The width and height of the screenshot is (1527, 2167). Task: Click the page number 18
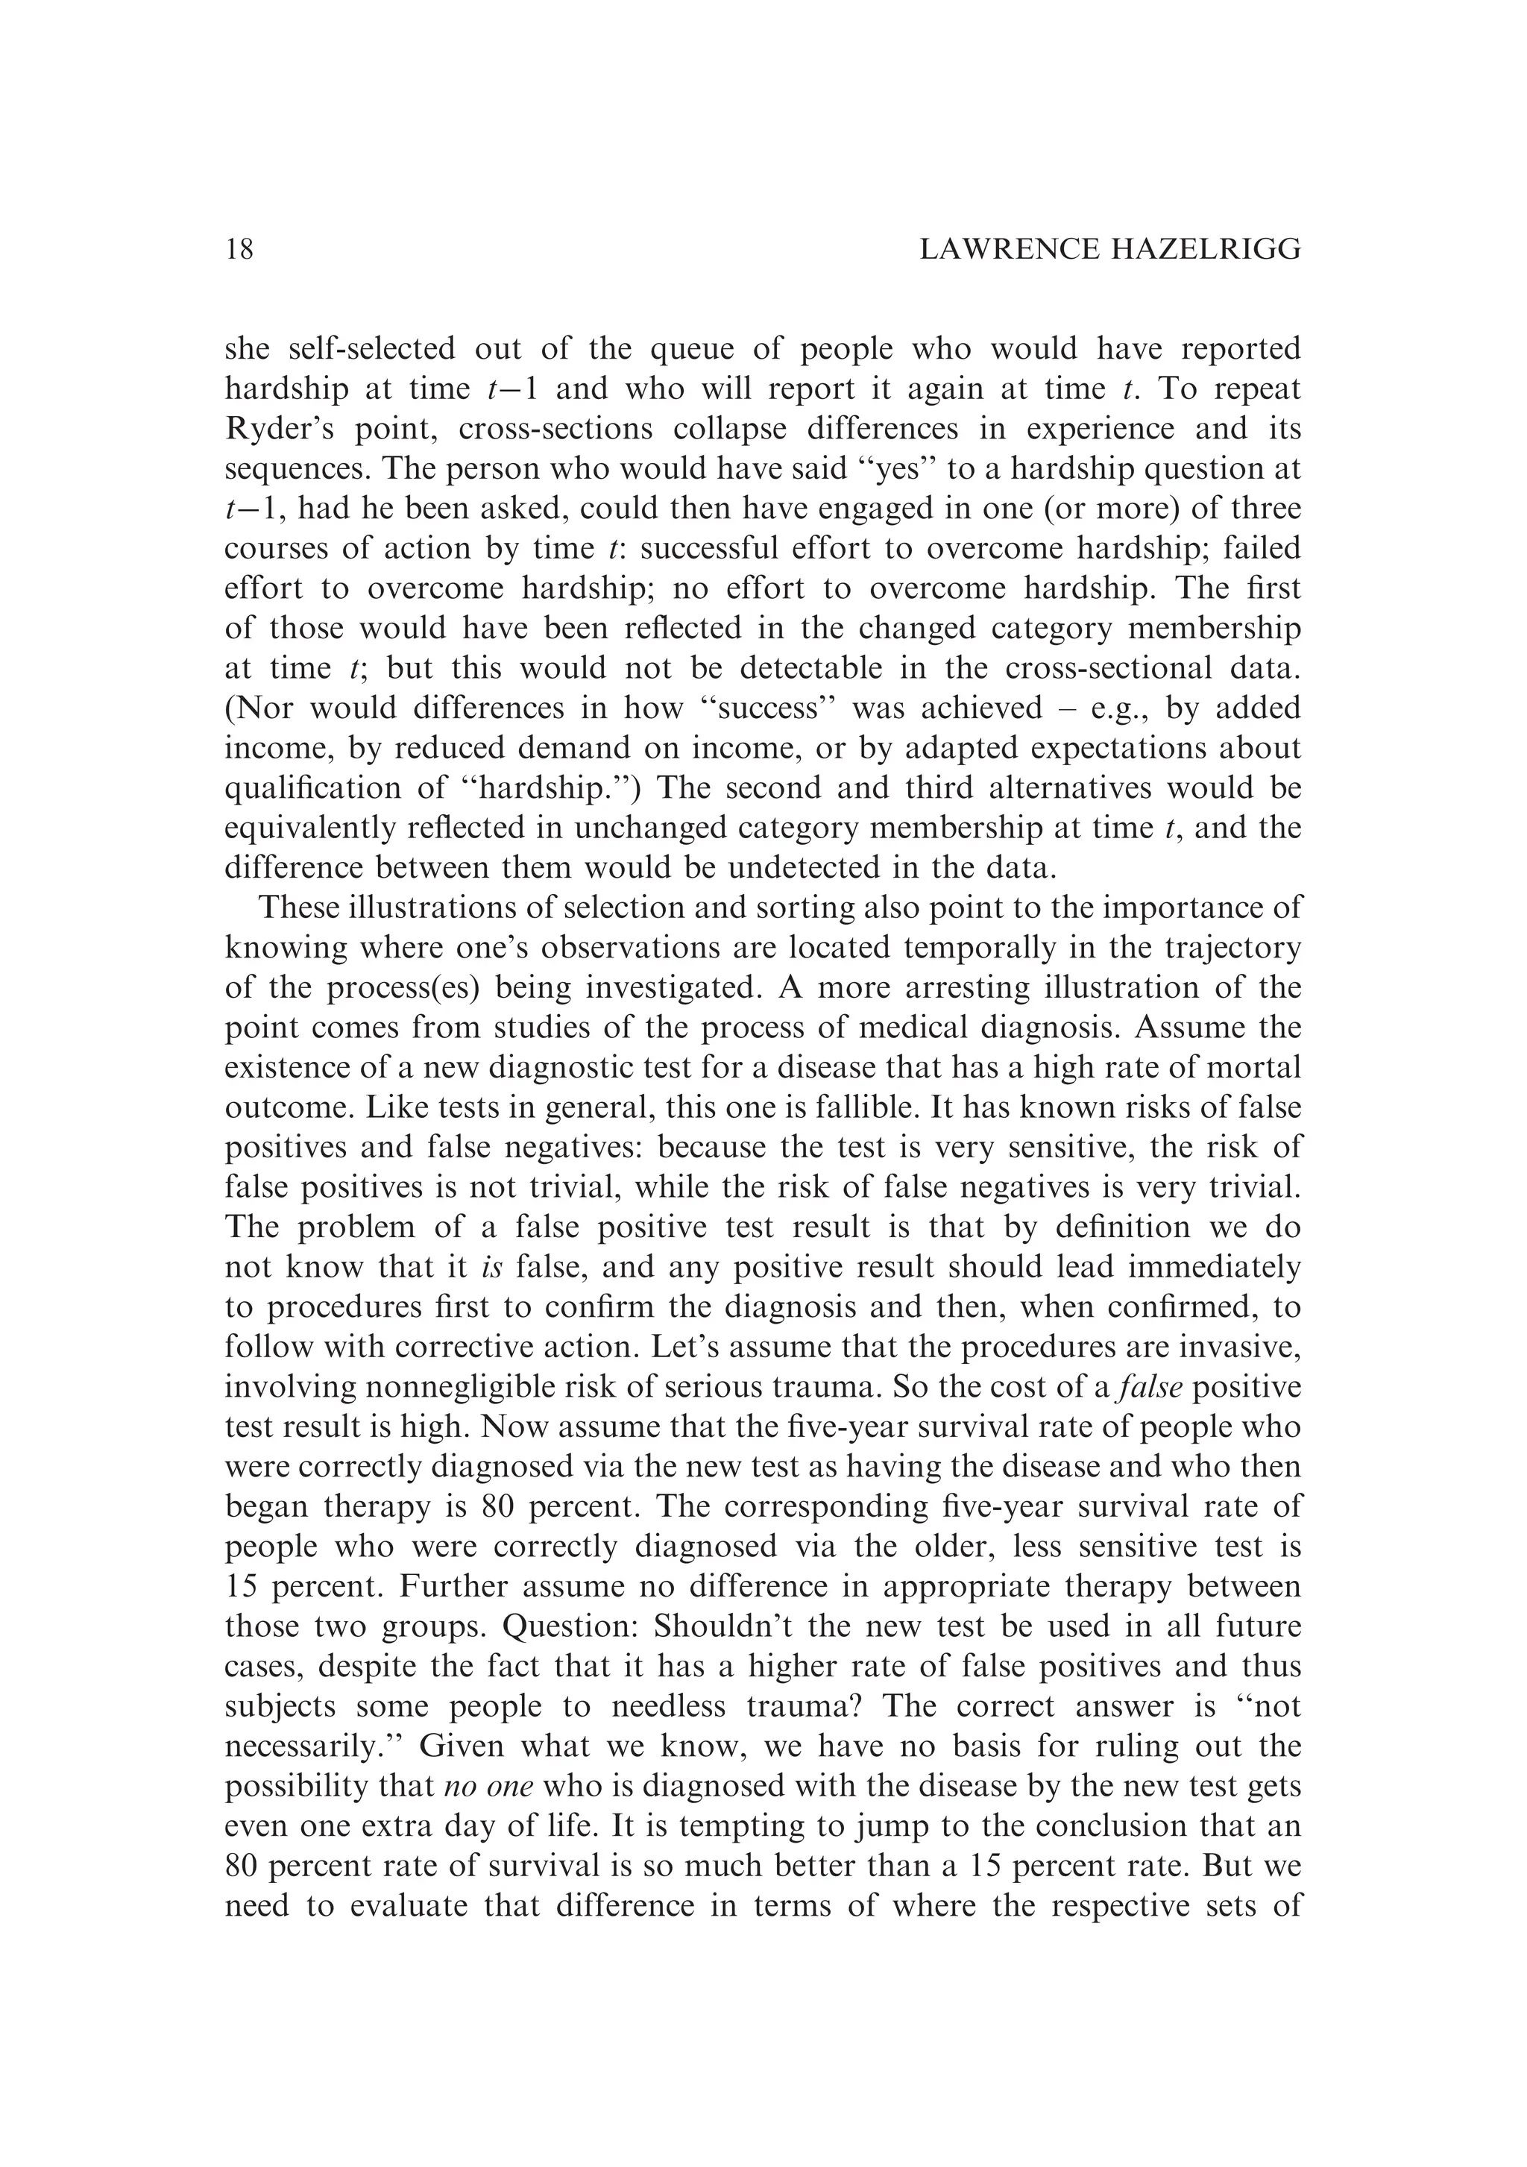240,249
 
